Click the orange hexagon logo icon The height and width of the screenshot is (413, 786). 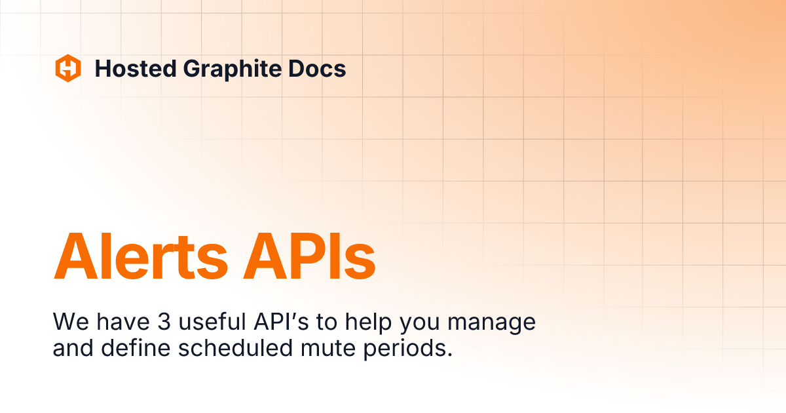coord(68,68)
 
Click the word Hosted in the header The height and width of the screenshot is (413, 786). coord(135,68)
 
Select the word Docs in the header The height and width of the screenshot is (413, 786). coord(316,68)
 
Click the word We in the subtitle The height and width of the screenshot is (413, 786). coord(67,322)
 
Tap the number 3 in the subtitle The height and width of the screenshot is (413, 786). coord(164,322)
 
